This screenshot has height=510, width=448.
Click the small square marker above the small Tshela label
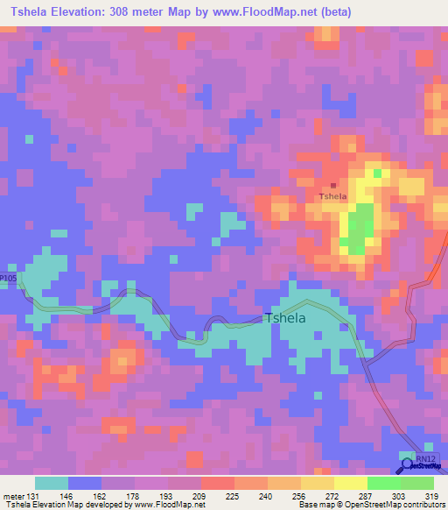click(332, 185)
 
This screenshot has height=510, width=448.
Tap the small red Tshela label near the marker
click(332, 196)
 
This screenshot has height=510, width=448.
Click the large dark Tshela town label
click(285, 318)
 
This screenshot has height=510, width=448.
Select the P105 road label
click(8, 278)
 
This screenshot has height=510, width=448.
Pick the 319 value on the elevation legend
click(428, 496)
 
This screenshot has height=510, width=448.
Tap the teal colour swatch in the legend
click(52, 483)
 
